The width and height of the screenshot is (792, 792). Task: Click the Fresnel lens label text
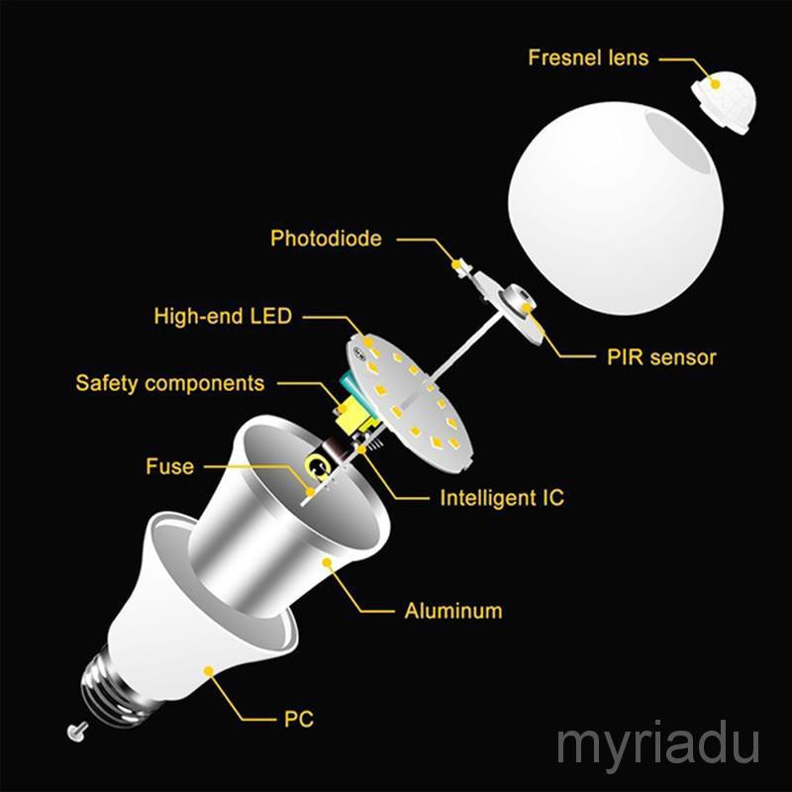pos(588,57)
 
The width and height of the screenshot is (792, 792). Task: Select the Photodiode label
pos(326,239)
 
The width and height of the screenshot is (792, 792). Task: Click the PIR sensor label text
pos(661,356)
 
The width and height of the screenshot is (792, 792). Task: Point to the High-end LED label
pos(223,317)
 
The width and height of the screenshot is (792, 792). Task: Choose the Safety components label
pos(170,382)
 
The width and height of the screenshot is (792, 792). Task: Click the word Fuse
pos(170,465)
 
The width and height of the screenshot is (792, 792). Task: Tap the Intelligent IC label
pos(502,497)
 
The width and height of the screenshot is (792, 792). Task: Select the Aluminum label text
pos(453,610)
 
